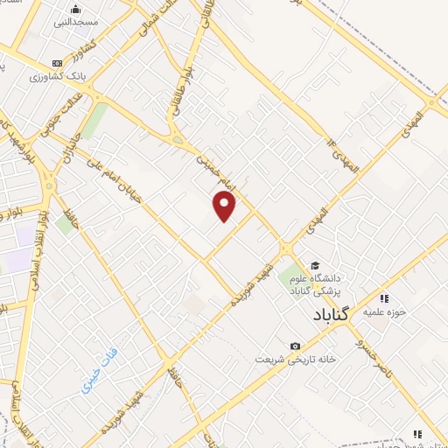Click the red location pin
(x=225, y=206)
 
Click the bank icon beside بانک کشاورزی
(x=58, y=63)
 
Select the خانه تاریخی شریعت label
(x=296, y=359)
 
